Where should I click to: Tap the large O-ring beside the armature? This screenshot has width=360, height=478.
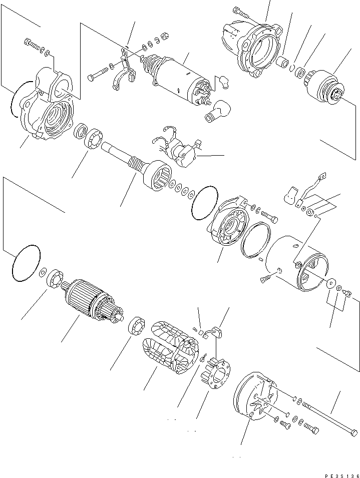(x=25, y=263)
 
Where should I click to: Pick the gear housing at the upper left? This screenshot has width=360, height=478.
(x=48, y=110)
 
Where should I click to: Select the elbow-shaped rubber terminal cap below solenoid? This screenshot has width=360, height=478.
(x=217, y=110)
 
